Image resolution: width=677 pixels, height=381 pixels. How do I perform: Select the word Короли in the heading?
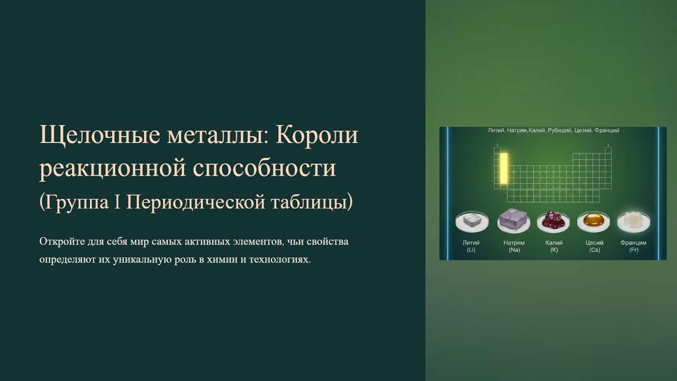317,136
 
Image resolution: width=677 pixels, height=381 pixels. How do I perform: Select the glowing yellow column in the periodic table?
504,169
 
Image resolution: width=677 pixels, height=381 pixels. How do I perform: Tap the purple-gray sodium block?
514,220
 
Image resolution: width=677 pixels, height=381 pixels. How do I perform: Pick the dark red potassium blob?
553,221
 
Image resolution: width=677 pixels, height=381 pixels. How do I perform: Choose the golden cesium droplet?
593,222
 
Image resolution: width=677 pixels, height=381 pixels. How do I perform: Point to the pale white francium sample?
633,221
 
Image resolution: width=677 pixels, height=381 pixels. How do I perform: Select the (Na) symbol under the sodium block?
514,250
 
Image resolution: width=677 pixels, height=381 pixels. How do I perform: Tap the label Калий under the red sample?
554,243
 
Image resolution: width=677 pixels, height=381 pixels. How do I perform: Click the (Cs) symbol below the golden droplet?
594,250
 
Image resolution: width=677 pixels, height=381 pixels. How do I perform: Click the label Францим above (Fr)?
633,243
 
